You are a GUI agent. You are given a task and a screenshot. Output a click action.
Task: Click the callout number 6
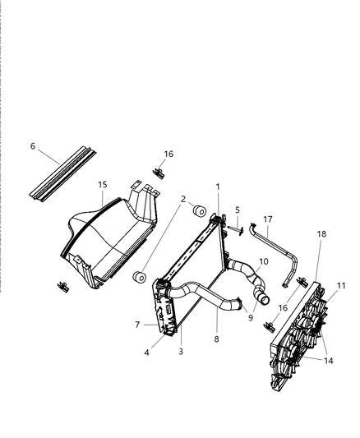tap(33, 146)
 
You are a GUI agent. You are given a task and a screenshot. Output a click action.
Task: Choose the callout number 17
tap(267, 219)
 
